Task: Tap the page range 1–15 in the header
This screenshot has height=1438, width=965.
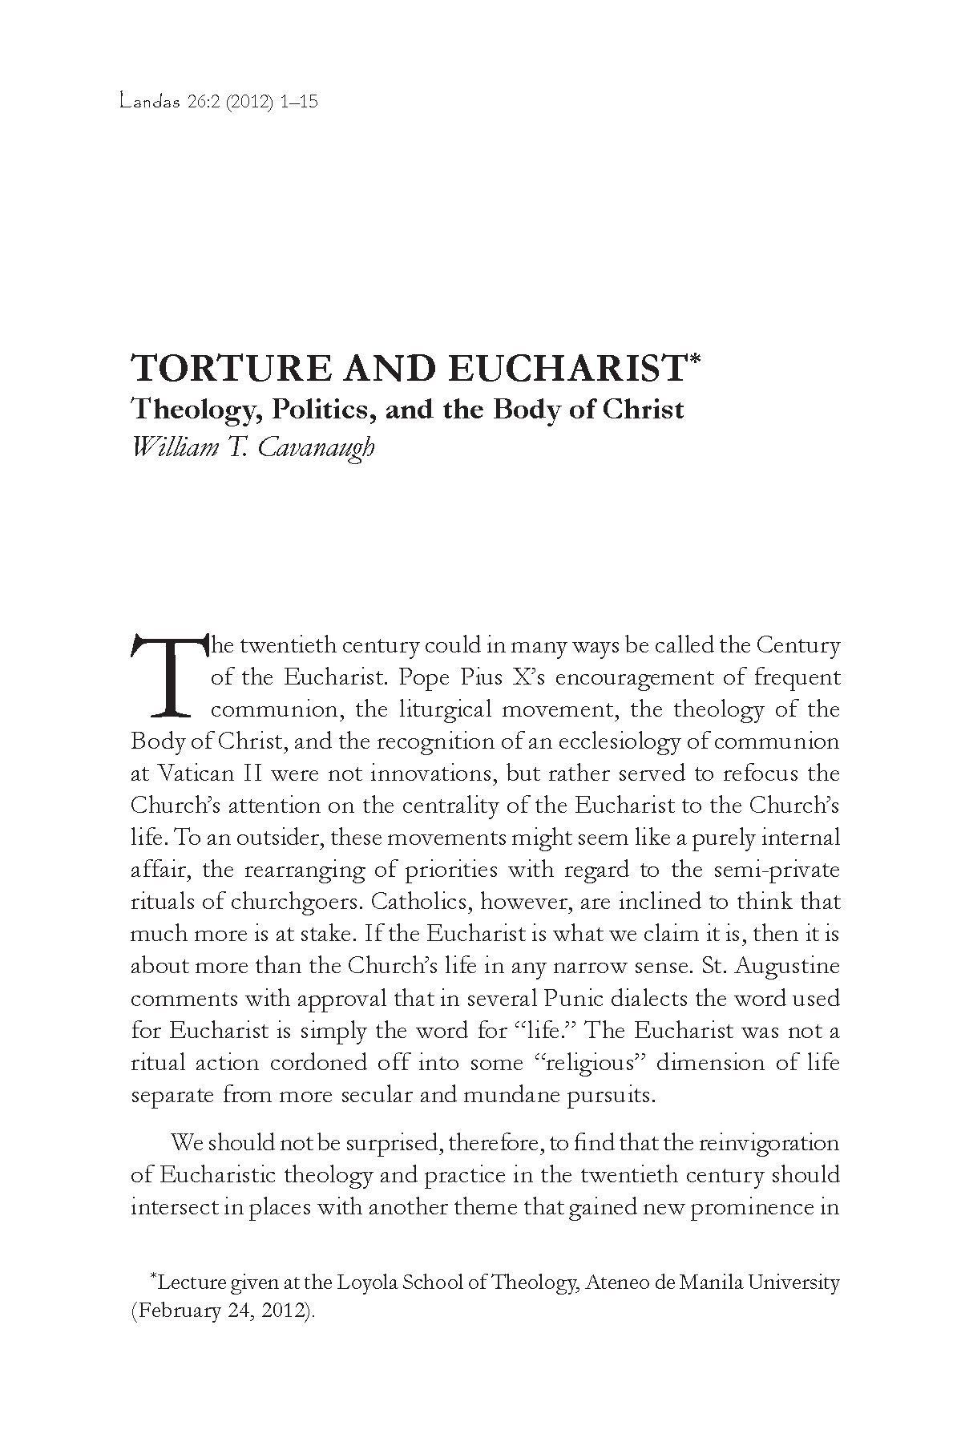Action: click(300, 103)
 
